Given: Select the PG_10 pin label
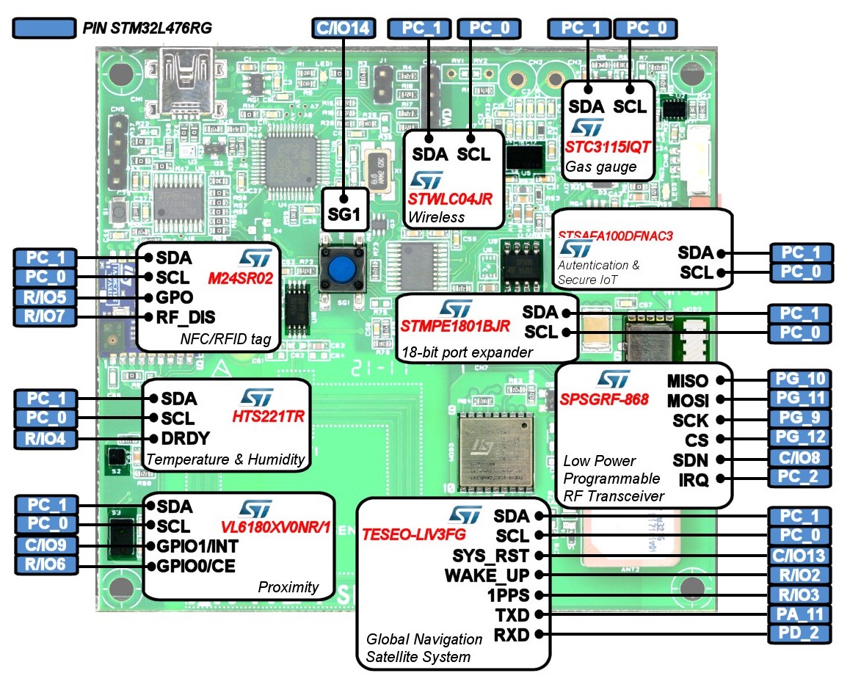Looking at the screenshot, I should pyautogui.click(x=800, y=380).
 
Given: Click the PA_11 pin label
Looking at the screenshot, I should pyautogui.click(x=800, y=614).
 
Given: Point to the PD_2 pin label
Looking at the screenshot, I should pyautogui.click(x=800, y=634).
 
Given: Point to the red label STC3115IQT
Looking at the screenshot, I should pyautogui.click(x=608, y=146).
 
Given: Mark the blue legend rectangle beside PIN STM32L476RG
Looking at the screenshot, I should pyautogui.click(x=45, y=29).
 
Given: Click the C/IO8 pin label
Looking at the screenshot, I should pyautogui.click(x=800, y=459).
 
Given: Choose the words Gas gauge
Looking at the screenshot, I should pyautogui.click(x=600, y=167).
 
